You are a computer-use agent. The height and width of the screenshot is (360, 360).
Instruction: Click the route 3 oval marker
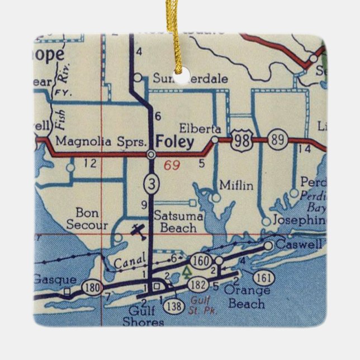point(150,182)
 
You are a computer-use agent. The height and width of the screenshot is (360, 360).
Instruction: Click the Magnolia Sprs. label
point(105,141)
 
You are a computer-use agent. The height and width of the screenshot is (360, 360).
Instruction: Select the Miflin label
point(236,185)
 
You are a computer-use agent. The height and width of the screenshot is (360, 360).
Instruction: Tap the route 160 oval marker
point(200,260)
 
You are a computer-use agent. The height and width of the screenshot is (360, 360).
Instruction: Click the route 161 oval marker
point(263,278)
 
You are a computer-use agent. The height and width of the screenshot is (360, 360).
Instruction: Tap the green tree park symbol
point(186,273)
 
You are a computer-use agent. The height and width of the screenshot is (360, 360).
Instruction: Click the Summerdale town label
point(188,79)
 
